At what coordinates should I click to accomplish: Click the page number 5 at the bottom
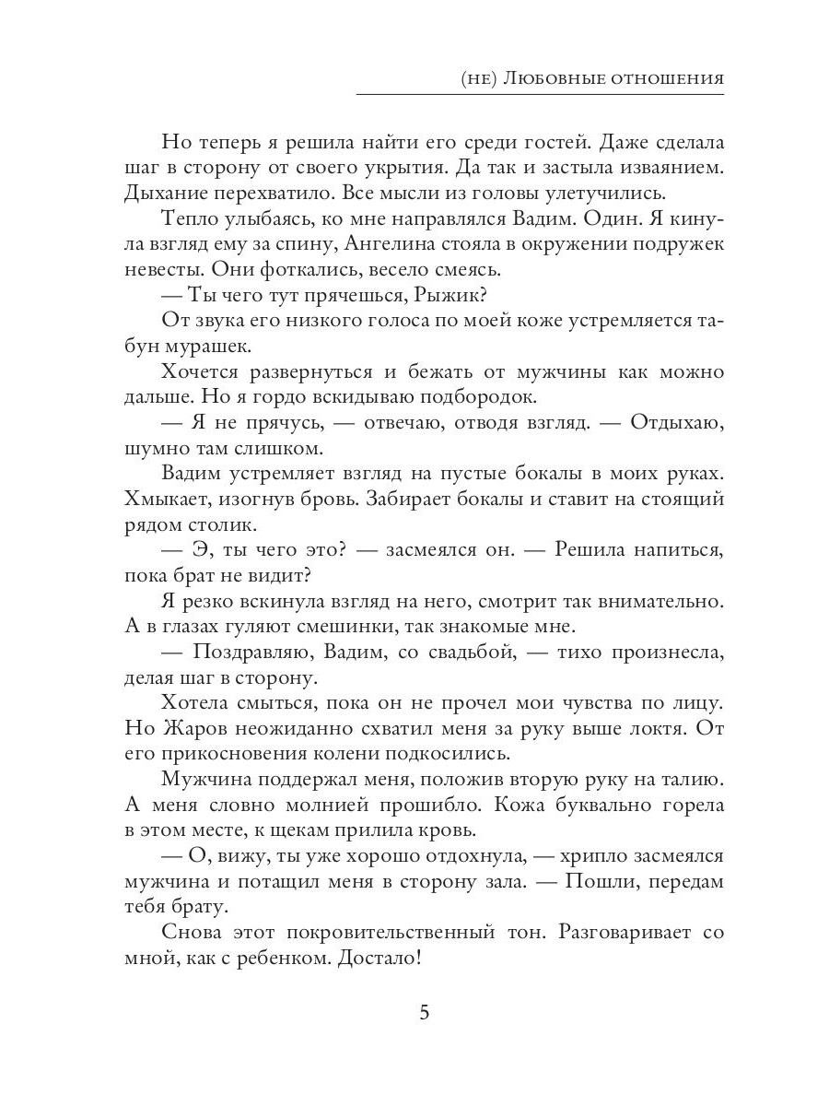click(x=424, y=1012)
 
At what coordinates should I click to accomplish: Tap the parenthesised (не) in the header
click(x=480, y=78)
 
